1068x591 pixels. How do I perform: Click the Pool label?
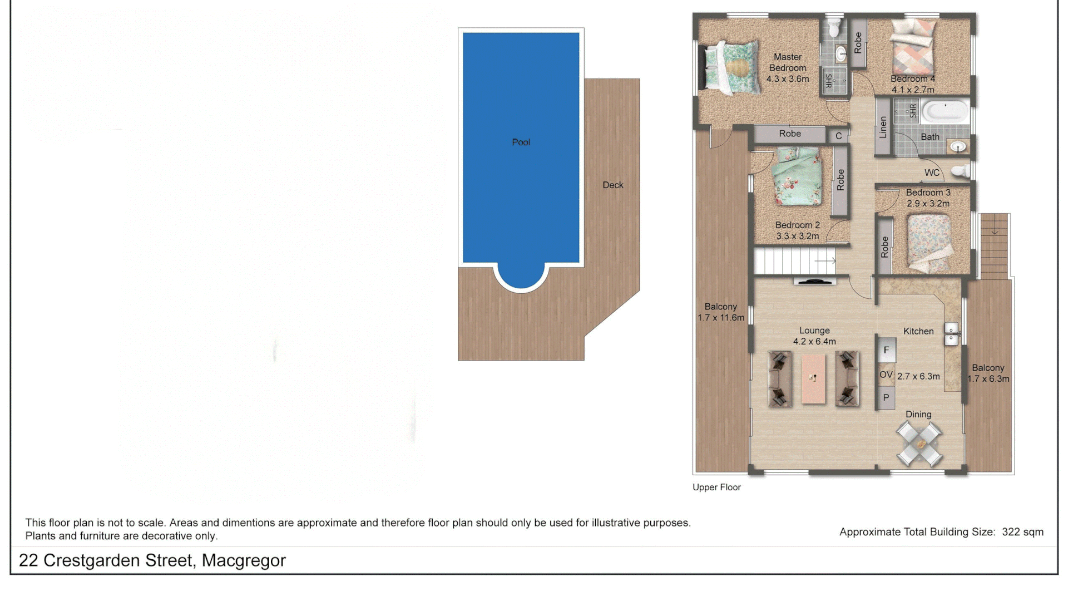(x=521, y=142)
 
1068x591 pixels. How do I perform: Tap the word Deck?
(x=612, y=185)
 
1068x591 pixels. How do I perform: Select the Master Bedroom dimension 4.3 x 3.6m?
(x=787, y=79)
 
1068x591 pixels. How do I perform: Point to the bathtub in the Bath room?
(x=945, y=111)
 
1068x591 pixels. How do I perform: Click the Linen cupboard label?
(x=883, y=127)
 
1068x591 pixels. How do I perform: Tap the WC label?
(x=932, y=173)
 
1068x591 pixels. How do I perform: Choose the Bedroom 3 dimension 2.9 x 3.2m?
(x=928, y=204)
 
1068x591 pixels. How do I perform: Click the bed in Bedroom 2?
(x=797, y=177)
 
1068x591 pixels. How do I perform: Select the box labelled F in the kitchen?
(x=886, y=350)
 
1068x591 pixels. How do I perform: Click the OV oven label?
(x=886, y=375)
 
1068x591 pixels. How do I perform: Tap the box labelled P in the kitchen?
(x=886, y=397)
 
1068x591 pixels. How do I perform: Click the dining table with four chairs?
(x=919, y=444)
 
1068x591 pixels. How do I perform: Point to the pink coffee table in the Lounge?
(x=813, y=378)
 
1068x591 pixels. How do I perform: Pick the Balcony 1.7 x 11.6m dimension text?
(x=721, y=318)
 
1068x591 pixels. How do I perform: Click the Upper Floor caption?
(x=716, y=487)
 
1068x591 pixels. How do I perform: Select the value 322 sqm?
(x=1022, y=532)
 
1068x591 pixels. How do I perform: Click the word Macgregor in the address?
(x=244, y=560)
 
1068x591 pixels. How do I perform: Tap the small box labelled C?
(x=838, y=136)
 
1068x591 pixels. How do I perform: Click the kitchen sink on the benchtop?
(x=951, y=333)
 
